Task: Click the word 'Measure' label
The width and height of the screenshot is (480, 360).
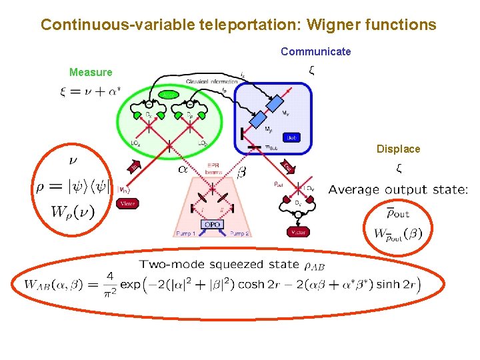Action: point(91,72)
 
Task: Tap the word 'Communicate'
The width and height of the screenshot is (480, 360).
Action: point(315,51)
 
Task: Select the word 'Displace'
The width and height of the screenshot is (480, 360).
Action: point(398,149)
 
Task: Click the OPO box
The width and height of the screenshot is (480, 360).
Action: point(212,225)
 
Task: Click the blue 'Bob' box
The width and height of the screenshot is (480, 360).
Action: point(291,137)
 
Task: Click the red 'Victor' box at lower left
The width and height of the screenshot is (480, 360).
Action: point(127,203)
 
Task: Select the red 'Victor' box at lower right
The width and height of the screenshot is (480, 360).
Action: point(297,232)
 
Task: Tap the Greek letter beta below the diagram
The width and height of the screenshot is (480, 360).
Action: point(241,173)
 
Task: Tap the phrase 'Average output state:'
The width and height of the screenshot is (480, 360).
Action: point(398,189)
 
